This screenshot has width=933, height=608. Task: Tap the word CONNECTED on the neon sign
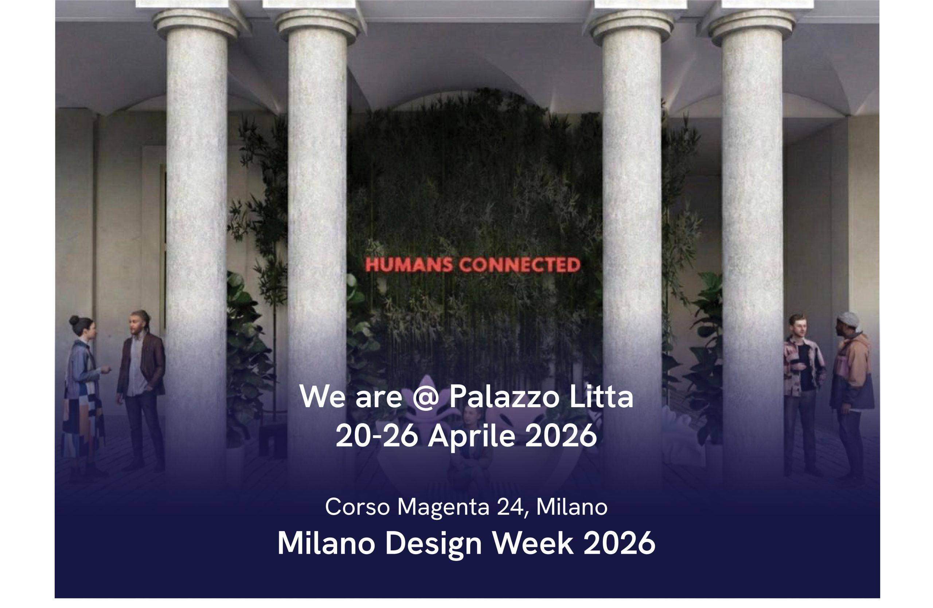pos(520,265)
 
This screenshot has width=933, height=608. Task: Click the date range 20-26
pos(377,436)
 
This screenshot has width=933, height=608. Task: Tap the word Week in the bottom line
pos(533,543)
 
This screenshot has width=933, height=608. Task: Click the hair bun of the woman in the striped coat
pos(74,321)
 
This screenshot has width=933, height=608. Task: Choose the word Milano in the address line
pos(572,507)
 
